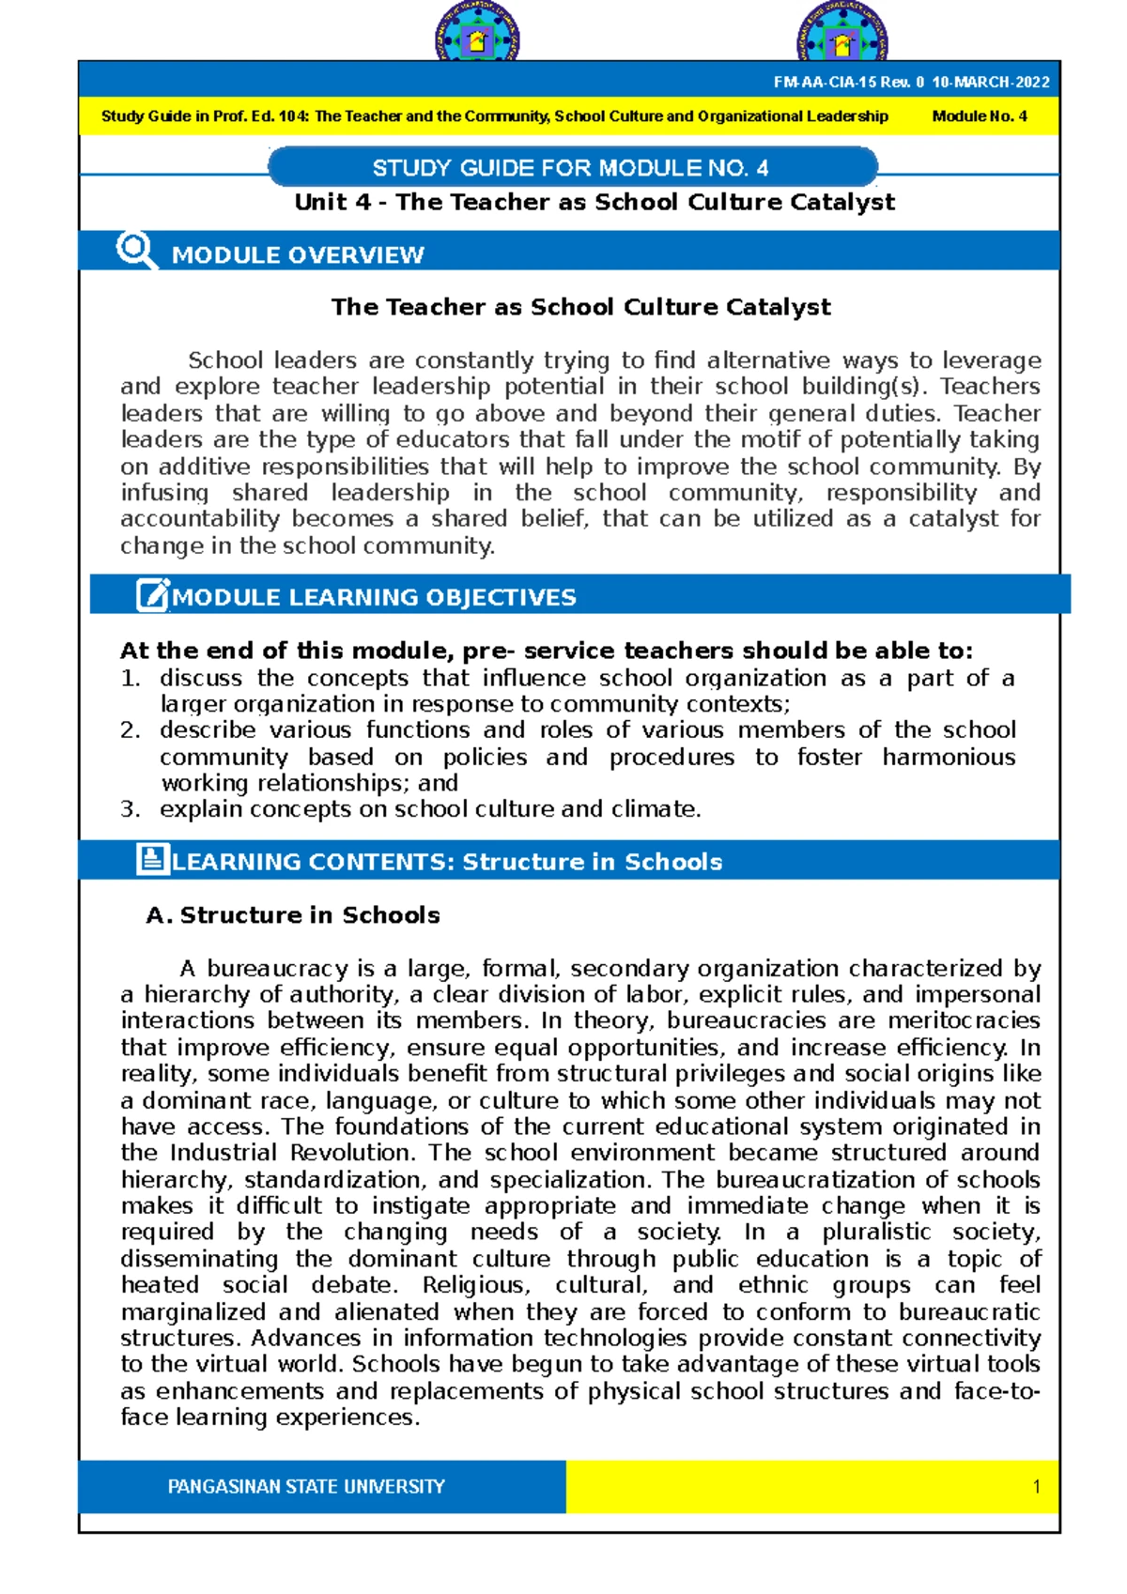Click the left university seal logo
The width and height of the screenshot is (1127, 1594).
(x=477, y=36)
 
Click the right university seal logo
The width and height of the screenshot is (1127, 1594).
(x=841, y=36)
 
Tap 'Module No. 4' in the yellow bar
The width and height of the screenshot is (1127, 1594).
(x=979, y=116)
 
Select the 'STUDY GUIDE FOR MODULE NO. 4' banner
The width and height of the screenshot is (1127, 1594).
(x=571, y=168)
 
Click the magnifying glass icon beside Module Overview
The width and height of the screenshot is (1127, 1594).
(x=135, y=251)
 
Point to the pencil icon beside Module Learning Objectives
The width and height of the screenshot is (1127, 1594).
(x=152, y=595)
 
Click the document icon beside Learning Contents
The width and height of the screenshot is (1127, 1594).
(x=152, y=859)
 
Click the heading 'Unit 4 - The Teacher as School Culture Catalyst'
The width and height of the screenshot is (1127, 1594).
(x=594, y=202)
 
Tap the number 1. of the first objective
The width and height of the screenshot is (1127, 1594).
(x=130, y=678)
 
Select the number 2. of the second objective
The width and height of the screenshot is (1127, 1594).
(x=130, y=730)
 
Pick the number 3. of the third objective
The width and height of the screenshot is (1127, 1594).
(x=130, y=809)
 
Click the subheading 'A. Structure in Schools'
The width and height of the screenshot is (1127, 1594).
(x=293, y=915)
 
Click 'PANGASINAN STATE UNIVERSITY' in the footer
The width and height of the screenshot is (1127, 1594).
(x=306, y=1486)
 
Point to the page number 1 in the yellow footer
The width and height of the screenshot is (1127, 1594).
(x=1036, y=1486)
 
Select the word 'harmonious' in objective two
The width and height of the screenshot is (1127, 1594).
(x=949, y=758)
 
